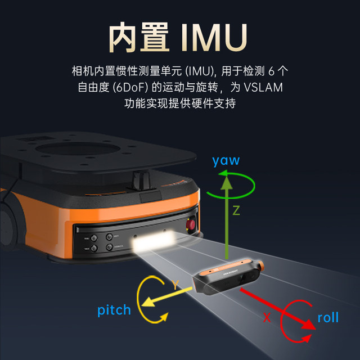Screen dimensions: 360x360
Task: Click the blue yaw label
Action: pos(226,160)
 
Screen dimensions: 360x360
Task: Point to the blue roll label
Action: pos(328,318)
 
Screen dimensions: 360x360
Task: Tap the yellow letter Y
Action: pos(175,285)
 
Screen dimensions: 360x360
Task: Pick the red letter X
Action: pos(267,318)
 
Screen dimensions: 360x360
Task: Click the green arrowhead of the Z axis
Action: pos(226,183)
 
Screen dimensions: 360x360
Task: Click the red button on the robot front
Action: pos(191,226)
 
